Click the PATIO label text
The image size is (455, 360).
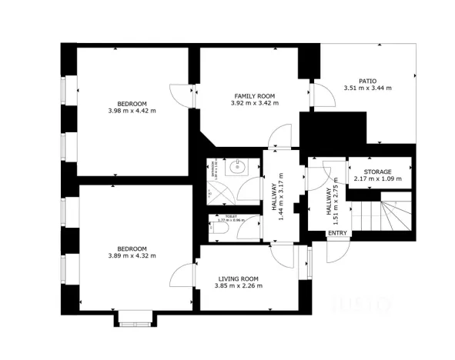(x=366, y=80)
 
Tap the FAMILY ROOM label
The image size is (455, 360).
(x=254, y=95)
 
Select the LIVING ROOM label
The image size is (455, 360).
(x=238, y=278)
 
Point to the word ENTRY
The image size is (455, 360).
(x=336, y=232)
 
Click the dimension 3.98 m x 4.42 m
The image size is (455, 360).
(x=132, y=111)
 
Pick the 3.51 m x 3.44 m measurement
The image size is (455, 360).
(x=366, y=88)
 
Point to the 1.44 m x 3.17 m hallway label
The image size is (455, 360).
(x=277, y=195)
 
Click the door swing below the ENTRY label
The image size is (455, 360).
(x=336, y=249)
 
